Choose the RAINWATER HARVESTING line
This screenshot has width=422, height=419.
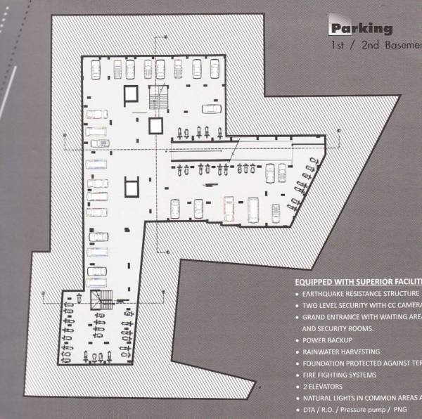click(x=341, y=352)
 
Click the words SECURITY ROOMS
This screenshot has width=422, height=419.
click(x=344, y=328)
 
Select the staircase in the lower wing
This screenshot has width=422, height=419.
click(x=103, y=299)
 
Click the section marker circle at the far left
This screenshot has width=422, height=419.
click(x=44, y=292)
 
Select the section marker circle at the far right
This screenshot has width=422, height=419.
click(x=338, y=131)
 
